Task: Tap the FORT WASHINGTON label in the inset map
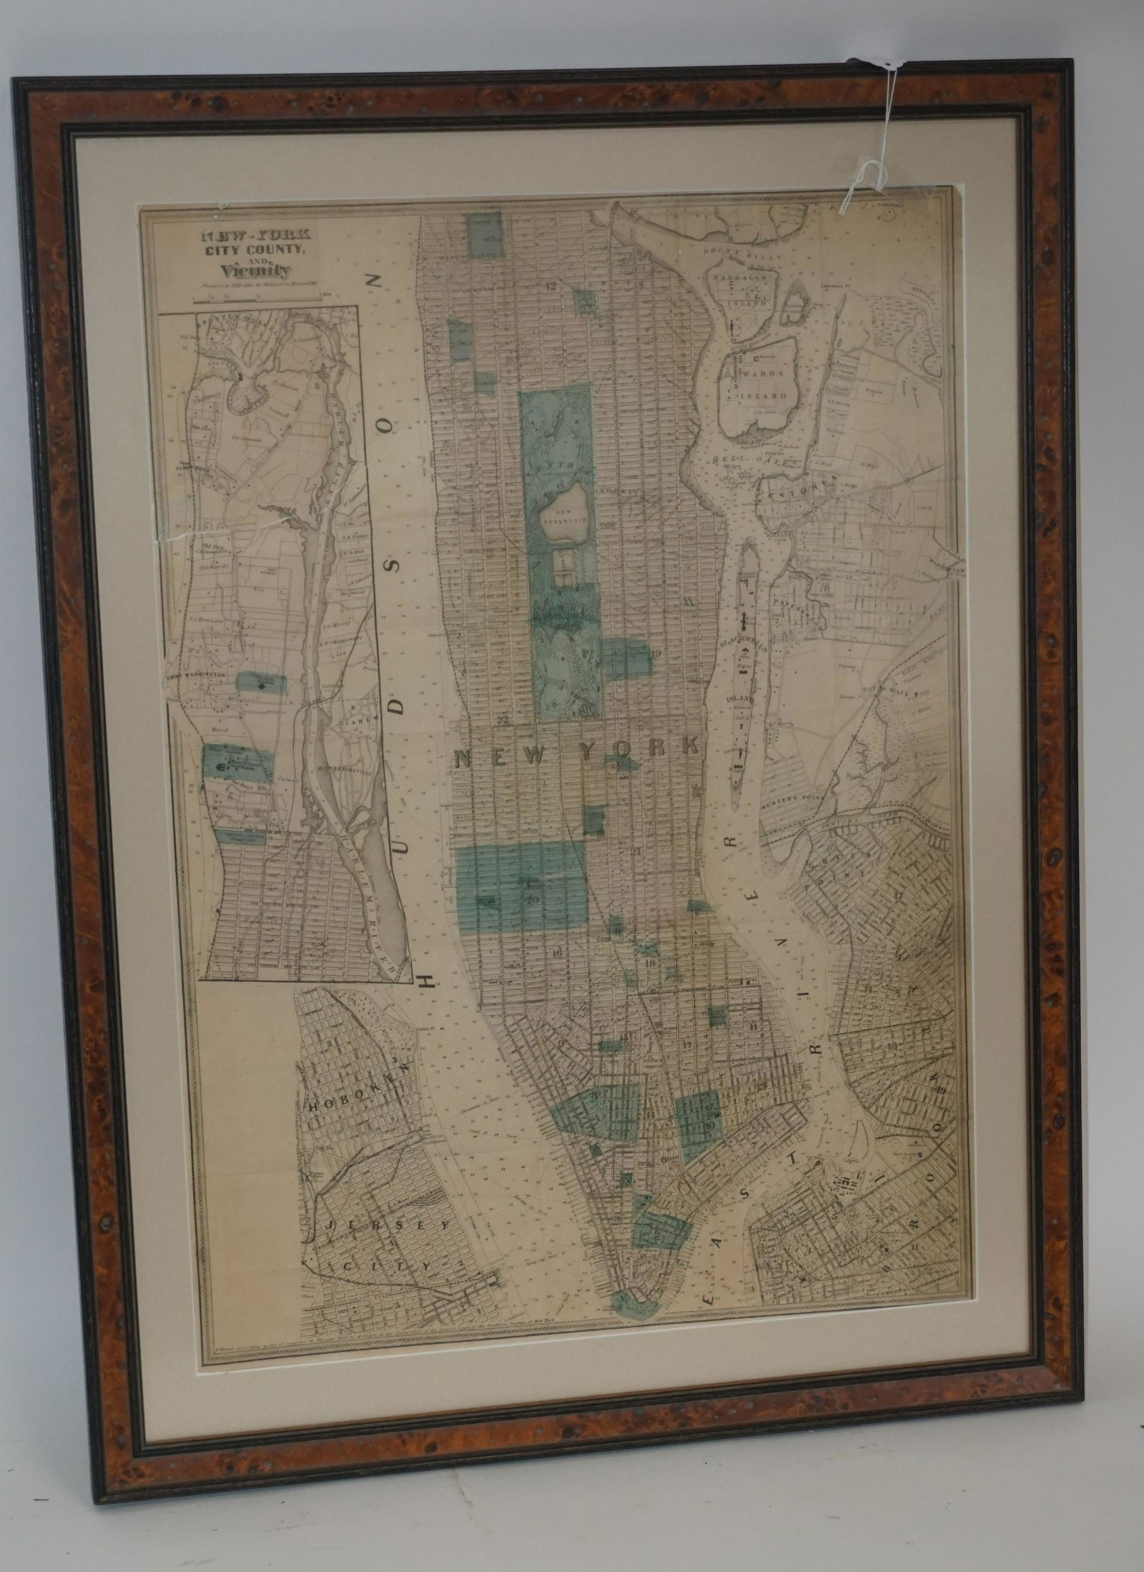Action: click(x=195, y=674)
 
